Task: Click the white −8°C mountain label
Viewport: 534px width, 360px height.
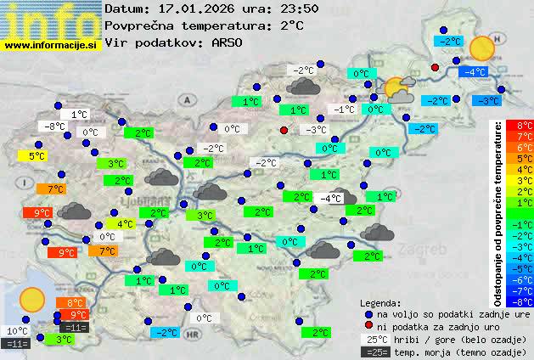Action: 53,127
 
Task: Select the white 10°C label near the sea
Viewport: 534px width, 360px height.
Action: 16,331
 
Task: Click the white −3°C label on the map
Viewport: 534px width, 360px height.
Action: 316,130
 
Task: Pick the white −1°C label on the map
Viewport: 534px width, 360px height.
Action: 344,110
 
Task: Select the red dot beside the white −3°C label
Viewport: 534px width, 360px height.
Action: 284,130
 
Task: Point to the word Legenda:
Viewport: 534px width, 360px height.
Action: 380,302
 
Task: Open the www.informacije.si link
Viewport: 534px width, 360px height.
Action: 51,44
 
